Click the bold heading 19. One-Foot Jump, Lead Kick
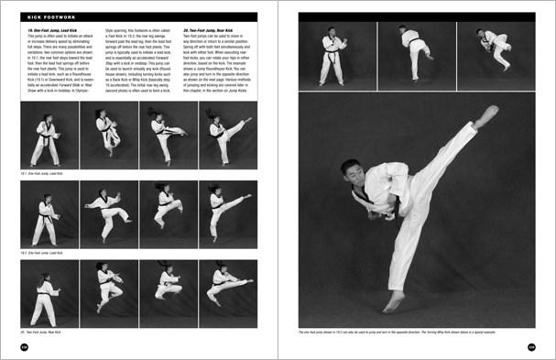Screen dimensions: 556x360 coord(50,29)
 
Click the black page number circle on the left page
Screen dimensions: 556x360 coord(24,346)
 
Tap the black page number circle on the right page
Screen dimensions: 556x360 coord(531,346)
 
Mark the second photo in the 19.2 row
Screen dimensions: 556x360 coord(107,214)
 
